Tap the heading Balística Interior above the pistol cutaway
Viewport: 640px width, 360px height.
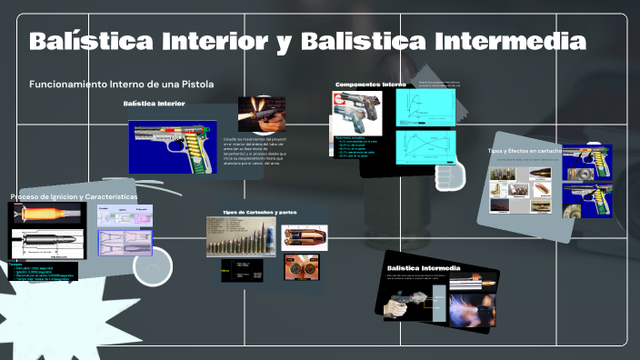154,104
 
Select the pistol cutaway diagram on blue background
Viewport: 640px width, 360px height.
174,145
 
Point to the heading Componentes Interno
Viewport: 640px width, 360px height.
370,85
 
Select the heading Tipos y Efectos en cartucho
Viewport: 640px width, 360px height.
525,151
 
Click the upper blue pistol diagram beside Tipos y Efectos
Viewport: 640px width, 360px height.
587,163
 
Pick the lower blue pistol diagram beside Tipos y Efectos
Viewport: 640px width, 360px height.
587,200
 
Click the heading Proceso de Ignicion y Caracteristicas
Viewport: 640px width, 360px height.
74,197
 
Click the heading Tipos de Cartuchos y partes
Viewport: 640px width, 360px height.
260,212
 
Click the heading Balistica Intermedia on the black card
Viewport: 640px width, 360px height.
424,268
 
